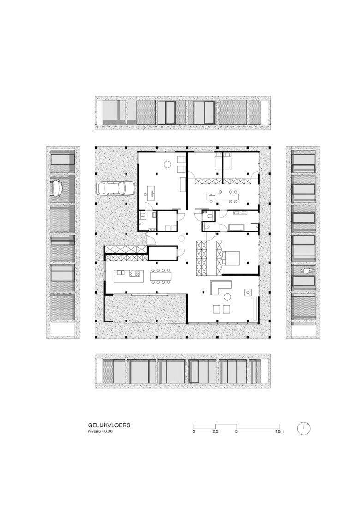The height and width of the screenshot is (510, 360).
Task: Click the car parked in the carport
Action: tap(116, 188)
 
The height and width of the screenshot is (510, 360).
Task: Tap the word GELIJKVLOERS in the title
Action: tap(109, 425)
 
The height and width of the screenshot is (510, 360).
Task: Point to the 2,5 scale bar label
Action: tap(215, 432)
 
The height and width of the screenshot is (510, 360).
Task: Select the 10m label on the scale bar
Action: tap(279, 432)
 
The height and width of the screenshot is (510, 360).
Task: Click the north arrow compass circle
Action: tap(304, 428)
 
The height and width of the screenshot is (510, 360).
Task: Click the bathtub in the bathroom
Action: tap(236, 227)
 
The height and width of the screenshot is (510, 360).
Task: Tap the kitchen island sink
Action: tap(119, 273)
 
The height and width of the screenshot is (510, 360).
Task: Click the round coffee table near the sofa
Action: tap(227, 297)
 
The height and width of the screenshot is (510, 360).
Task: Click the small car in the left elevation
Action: tap(57, 188)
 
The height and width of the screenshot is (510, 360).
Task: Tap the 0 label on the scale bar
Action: tap(194, 432)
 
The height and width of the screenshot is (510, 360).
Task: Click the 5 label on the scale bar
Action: tap(236, 432)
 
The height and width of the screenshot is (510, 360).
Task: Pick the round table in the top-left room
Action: tap(168, 164)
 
